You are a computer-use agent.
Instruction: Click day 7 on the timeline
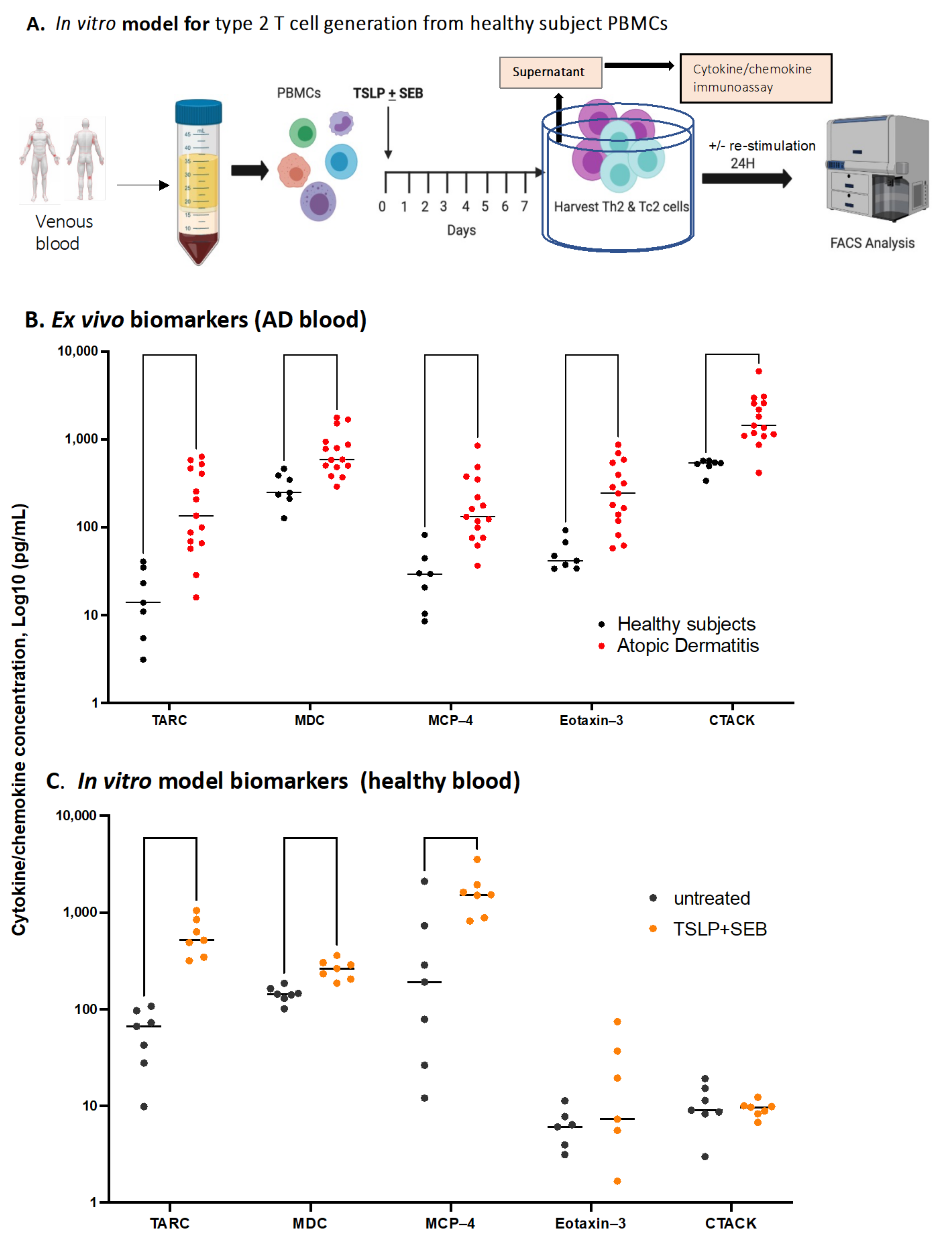[524, 206]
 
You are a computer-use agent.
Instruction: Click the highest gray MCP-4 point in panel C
[424, 881]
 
